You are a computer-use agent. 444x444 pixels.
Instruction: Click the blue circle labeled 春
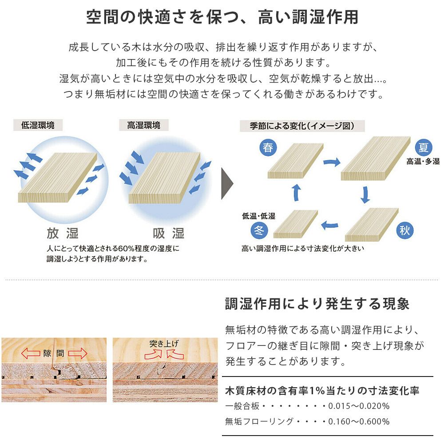pyautogui.click(x=268, y=147)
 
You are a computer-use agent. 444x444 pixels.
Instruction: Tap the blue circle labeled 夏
pyautogui.click(x=423, y=147)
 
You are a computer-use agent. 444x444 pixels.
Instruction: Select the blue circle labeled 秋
pyautogui.click(x=404, y=230)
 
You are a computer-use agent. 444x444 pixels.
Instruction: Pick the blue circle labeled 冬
pyautogui.click(x=259, y=230)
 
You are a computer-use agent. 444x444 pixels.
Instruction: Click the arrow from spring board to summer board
pyautogui.click(x=332, y=162)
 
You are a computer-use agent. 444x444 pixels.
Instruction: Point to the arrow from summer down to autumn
pyautogui.click(x=365, y=195)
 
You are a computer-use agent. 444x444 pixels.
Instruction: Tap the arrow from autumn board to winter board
pyautogui.click(x=330, y=225)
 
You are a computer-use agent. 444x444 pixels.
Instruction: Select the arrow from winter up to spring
pyautogui.click(x=297, y=193)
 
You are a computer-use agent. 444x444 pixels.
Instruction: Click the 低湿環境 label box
pyautogui.click(x=38, y=125)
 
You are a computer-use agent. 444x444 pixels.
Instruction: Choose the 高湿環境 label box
pyautogui.click(x=144, y=125)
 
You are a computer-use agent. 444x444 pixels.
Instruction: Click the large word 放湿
pyautogui.click(x=63, y=234)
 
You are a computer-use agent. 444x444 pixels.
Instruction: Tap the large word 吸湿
pyautogui.click(x=169, y=234)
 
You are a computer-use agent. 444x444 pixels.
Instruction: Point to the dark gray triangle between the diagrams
pyautogui.click(x=227, y=184)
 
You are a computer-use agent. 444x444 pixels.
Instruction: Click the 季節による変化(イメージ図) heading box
pyautogui.click(x=302, y=126)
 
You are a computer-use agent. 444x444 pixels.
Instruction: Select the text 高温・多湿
pyautogui.click(x=423, y=162)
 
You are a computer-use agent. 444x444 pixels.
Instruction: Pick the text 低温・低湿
pyautogui.click(x=258, y=216)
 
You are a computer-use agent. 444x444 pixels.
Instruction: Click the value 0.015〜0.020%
pyautogui.click(x=359, y=406)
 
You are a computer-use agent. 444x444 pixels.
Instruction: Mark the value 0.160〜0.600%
pyautogui.click(x=359, y=421)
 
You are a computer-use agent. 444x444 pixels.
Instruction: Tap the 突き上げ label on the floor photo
pyautogui.click(x=164, y=344)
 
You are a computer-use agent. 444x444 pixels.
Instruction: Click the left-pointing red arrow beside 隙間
pyautogui.click(x=31, y=353)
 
